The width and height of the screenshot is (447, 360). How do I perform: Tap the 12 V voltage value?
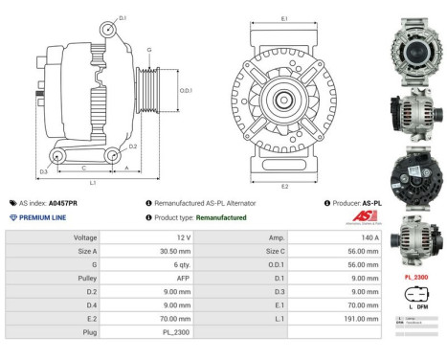185,236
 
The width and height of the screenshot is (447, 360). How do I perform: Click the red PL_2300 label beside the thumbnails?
416,277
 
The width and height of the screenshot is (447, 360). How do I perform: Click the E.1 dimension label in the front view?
285,18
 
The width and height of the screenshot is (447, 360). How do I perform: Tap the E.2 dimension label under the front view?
285,186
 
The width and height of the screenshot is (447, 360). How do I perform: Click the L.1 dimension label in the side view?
92,183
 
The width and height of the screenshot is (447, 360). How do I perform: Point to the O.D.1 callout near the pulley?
186,90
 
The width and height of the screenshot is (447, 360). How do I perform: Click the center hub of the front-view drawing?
284,100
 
